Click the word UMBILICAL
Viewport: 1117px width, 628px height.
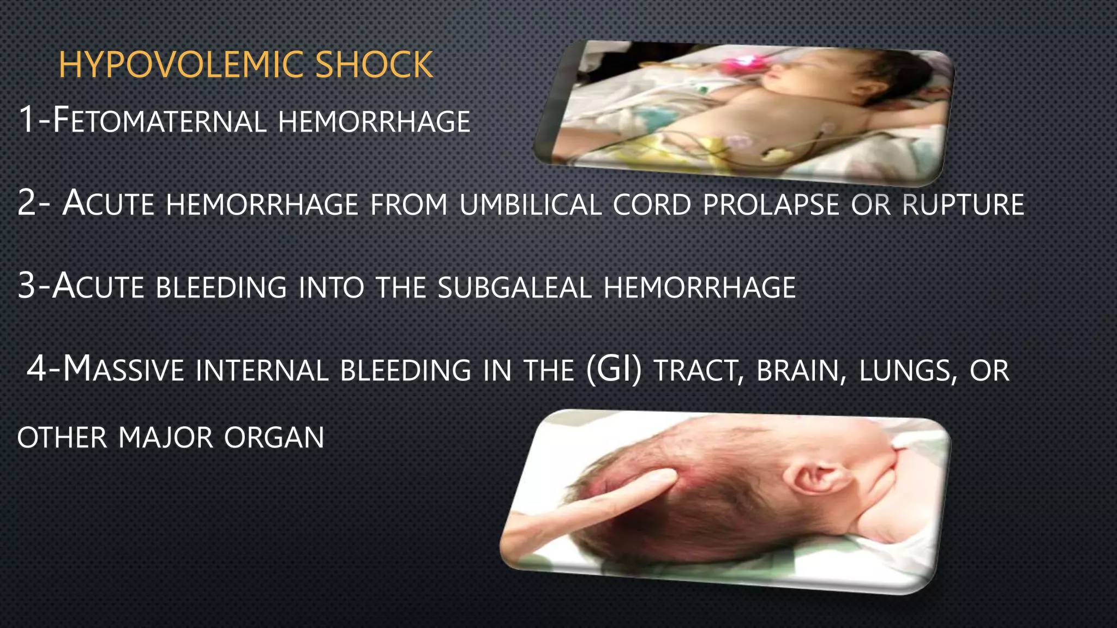point(531,205)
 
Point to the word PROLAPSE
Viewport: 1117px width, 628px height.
point(771,205)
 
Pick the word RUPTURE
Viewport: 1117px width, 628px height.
point(963,205)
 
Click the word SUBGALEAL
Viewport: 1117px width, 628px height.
point(514,288)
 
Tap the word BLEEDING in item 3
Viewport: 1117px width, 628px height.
point(221,288)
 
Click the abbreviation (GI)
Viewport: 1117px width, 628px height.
point(614,370)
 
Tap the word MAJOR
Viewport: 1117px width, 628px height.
point(165,438)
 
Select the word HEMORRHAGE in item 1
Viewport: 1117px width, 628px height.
point(374,122)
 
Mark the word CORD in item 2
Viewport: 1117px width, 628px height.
point(652,205)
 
